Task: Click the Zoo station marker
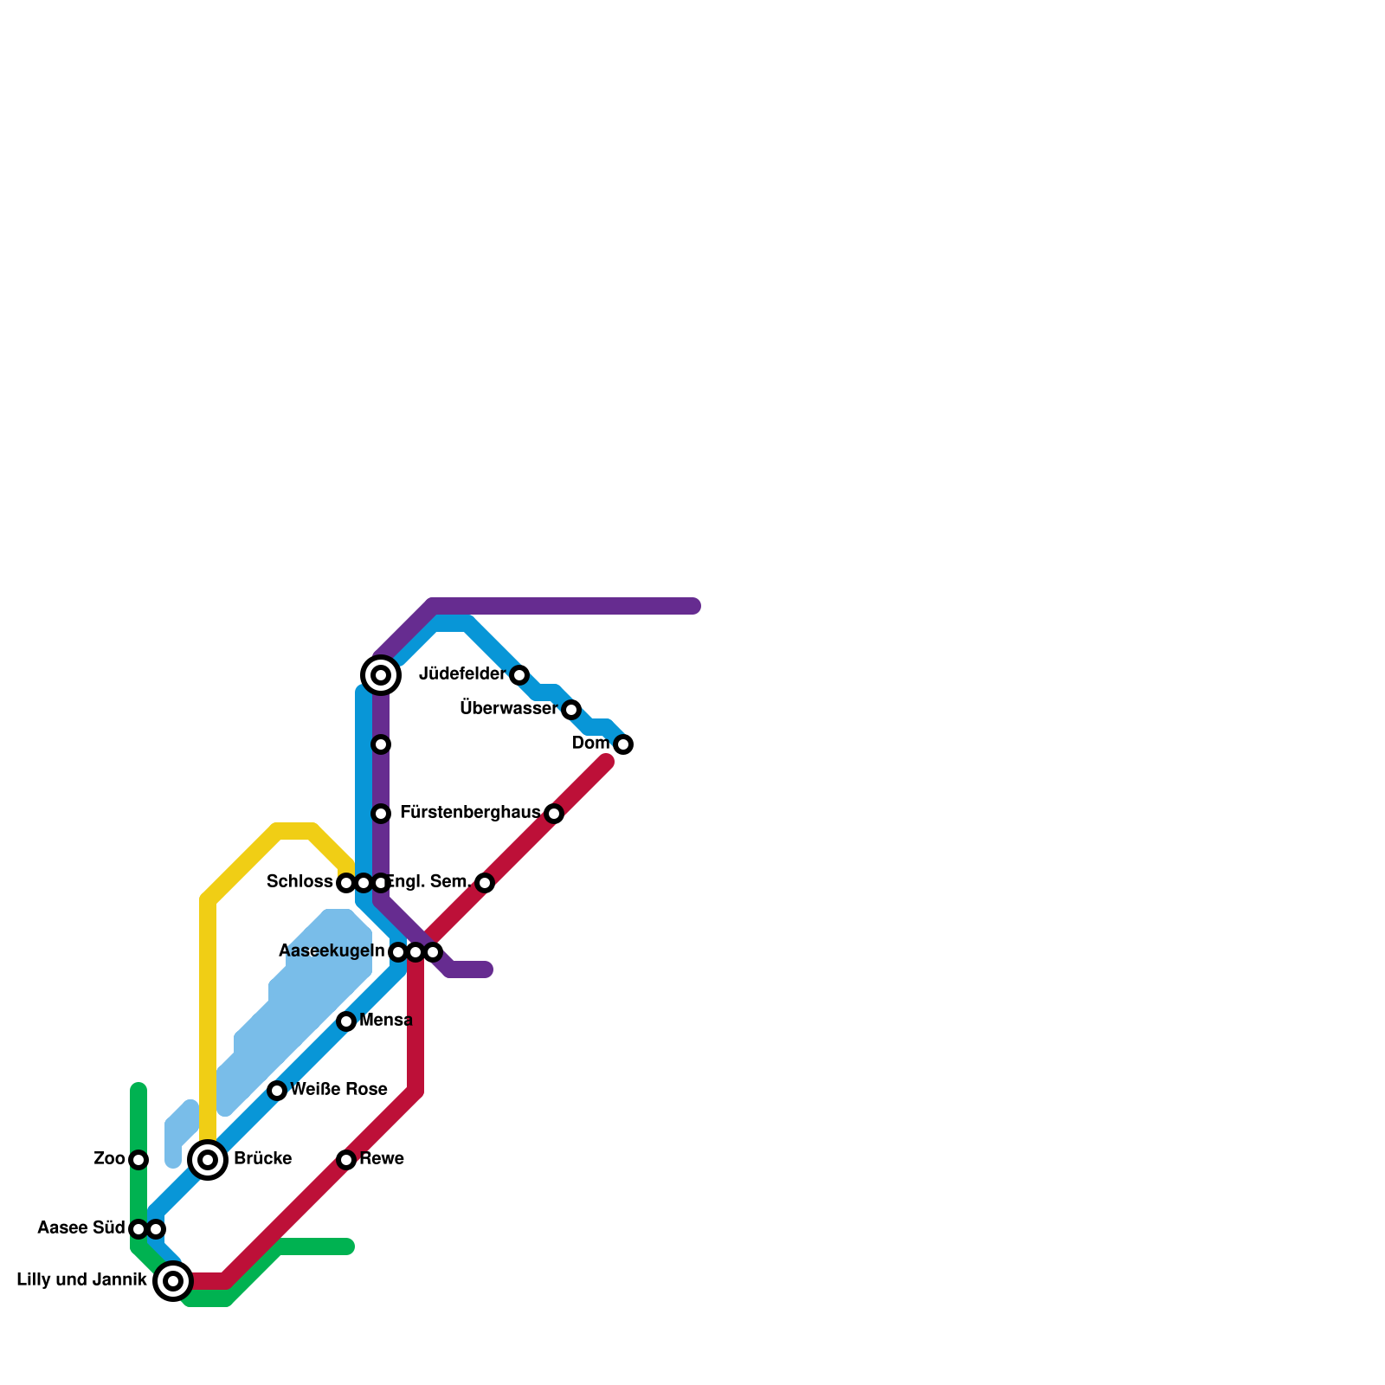click(138, 1160)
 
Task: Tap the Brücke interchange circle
click(208, 1160)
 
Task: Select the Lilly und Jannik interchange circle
click(173, 1281)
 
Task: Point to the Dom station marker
click(623, 744)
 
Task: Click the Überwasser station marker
click(571, 710)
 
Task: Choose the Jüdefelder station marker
click(519, 675)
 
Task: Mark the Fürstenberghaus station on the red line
click(554, 814)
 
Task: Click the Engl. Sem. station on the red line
click(485, 883)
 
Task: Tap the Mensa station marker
click(346, 1021)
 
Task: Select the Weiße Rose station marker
click(277, 1091)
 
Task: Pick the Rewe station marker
click(346, 1160)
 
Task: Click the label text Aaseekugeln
click(332, 951)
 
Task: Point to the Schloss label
click(300, 882)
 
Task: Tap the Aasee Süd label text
click(81, 1228)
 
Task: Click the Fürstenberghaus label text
click(470, 813)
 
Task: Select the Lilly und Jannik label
click(82, 1280)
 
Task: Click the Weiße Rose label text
click(339, 1090)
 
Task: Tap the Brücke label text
click(262, 1159)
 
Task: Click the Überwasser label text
click(508, 709)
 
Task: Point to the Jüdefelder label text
click(462, 674)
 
